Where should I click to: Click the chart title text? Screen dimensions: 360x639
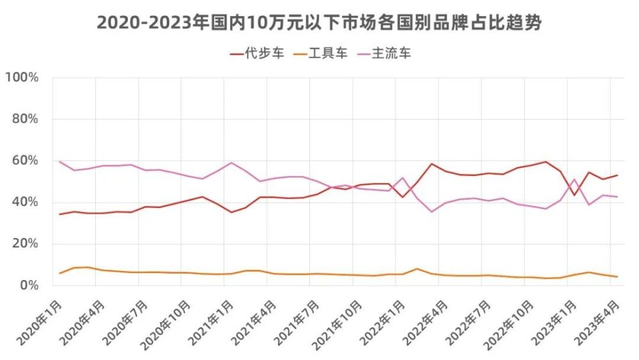tap(319, 23)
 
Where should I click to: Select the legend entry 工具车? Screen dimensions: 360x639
tap(320, 53)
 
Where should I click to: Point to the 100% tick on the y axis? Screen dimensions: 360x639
tap(22, 77)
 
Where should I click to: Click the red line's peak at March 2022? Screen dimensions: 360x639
tap(431, 164)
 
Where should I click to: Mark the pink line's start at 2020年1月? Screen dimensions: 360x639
tap(59, 162)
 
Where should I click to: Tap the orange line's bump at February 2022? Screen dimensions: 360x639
tap(417, 269)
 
